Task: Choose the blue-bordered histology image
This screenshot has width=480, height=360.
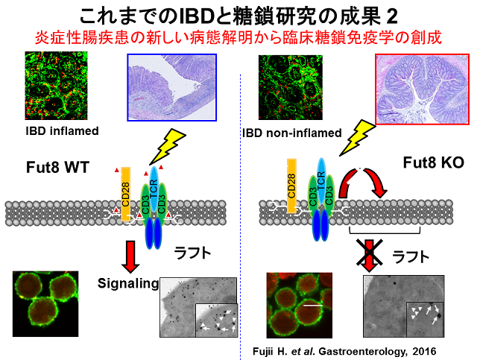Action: (171, 87)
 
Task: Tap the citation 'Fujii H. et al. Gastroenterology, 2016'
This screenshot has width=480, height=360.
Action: (338, 349)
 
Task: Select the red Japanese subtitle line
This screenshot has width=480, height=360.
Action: (240, 37)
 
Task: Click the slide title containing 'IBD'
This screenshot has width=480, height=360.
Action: (240, 15)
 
